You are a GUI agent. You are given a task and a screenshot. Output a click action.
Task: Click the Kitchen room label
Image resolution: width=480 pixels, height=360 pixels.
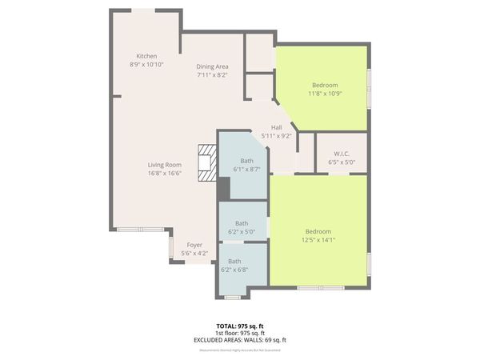146,55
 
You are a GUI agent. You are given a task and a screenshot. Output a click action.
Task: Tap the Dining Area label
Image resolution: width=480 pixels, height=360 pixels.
213,66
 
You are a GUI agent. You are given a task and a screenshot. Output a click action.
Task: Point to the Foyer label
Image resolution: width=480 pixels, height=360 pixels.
194,245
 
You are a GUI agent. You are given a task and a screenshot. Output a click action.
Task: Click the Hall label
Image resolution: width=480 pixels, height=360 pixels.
276,127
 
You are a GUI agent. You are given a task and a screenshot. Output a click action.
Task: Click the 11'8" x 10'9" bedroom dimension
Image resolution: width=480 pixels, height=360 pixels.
325,94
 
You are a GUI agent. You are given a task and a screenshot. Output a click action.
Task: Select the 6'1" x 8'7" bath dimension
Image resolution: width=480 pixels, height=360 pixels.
246,169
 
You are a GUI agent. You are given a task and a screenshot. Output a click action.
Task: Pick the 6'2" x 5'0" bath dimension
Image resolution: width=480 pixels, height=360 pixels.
242,231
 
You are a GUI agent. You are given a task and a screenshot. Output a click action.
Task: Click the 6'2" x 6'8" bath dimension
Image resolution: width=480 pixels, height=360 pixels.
234,270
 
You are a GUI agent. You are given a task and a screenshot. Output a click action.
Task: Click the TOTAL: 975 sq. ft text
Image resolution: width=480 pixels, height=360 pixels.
240,326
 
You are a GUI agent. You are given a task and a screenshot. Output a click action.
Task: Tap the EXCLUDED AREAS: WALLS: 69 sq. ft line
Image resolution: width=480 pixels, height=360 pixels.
240,340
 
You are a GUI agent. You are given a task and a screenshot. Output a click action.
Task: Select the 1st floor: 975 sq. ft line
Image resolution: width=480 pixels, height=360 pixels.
240,333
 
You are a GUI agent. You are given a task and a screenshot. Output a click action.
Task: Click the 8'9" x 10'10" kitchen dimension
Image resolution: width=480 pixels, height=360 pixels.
146,64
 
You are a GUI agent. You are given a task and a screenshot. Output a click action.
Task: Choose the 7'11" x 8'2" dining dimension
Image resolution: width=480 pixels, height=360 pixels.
213,75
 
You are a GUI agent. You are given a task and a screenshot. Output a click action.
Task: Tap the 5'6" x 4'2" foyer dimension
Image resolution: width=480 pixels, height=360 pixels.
194,254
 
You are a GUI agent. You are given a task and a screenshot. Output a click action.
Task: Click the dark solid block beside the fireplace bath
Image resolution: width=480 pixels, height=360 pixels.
224,189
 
